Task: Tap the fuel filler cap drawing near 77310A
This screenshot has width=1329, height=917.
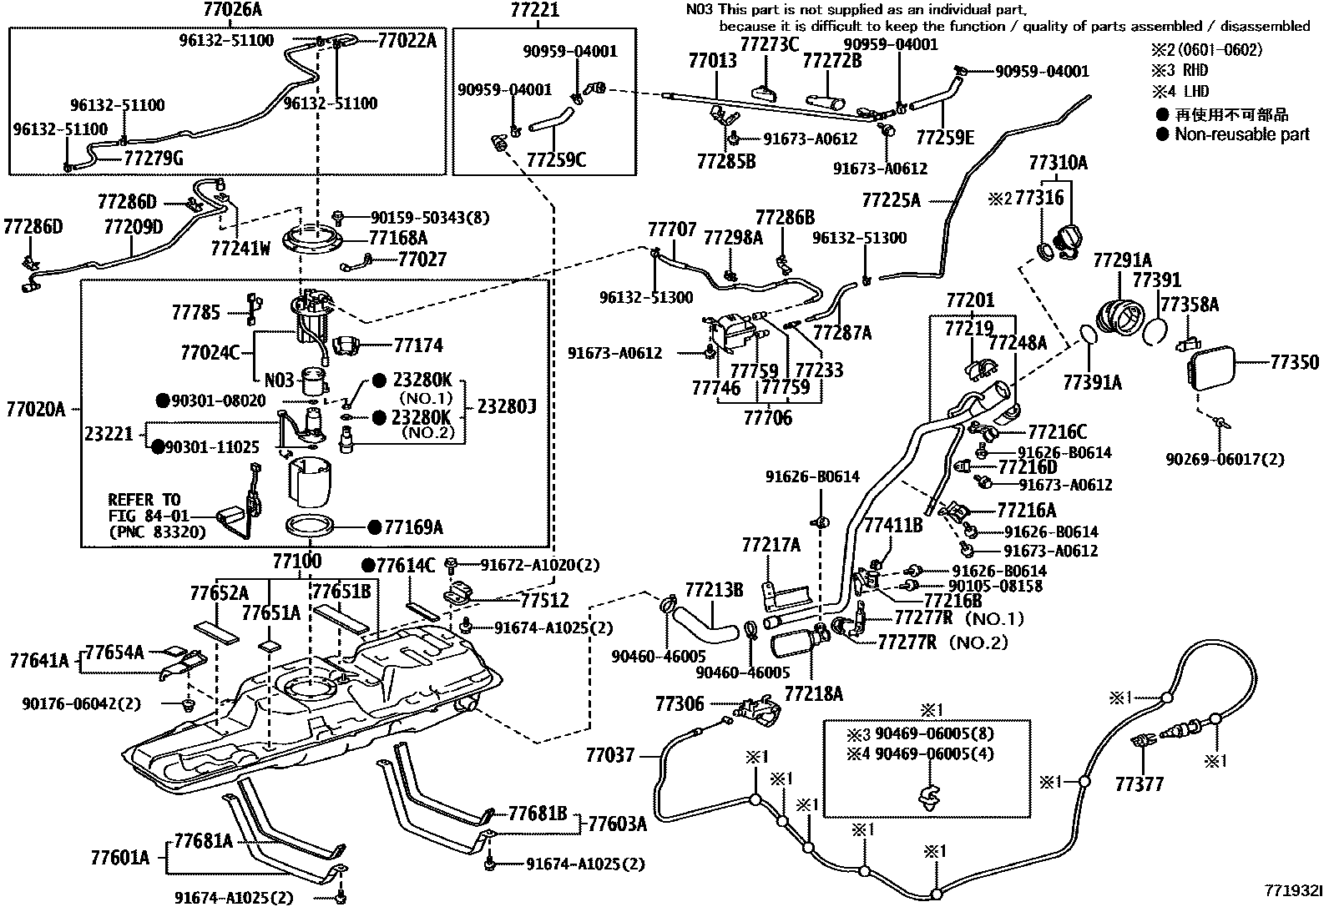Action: point(1069,243)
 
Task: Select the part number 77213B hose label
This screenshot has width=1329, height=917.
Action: point(714,591)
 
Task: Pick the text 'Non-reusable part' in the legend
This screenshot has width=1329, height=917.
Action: point(1242,134)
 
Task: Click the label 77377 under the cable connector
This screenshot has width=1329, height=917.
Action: point(1139,784)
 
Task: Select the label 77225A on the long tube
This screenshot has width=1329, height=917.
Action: point(891,200)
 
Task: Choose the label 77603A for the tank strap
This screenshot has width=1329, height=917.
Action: point(618,824)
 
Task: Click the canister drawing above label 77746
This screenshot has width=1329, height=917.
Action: point(731,334)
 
